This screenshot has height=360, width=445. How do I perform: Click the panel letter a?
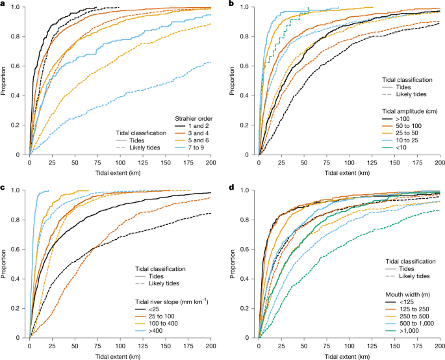pos(4,4)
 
